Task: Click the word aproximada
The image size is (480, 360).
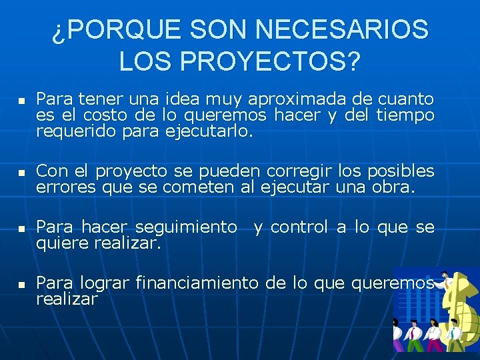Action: (297, 100)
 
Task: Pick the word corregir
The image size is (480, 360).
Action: (300, 171)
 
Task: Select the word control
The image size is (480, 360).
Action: (299, 227)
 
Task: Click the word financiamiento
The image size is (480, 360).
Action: (196, 283)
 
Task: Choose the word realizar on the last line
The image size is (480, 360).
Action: (67, 299)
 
